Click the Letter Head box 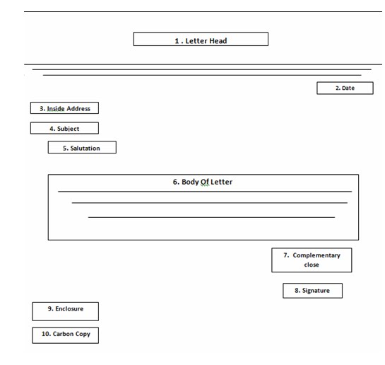(x=201, y=39)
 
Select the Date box (x=345, y=88)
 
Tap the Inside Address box (x=64, y=108)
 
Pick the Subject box (x=64, y=128)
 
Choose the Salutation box (x=82, y=147)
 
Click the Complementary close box (x=312, y=260)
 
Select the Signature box (x=312, y=291)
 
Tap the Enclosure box (x=65, y=311)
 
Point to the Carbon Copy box (x=65, y=335)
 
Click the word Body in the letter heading (x=190, y=182)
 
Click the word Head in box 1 (x=218, y=41)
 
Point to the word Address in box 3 (x=78, y=109)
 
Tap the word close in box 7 (x=312, y=265)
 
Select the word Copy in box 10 (x=83, y=334)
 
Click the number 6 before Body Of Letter (x=176, y=182)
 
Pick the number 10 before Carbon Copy (x=46, y=334)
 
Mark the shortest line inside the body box (x=211, y=217)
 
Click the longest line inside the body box (x=205, y=191)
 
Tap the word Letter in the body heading (x=221, y=182)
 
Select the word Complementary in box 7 (x=316, y=255)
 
